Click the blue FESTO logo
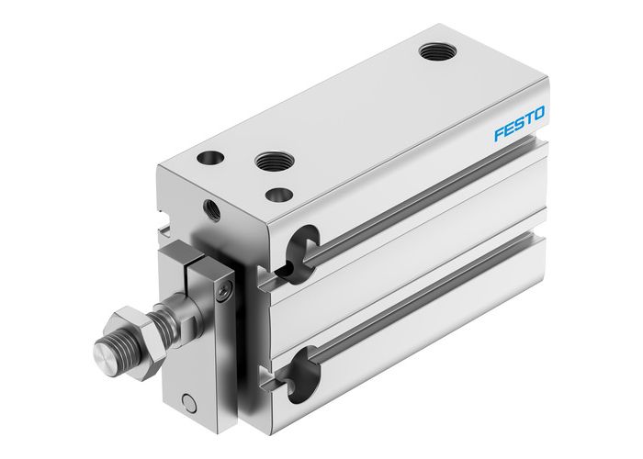pos(519,124)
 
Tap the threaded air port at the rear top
pos(433,52)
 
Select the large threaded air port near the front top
pos(269,162)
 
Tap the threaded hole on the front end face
pos(214,211)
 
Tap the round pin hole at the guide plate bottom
pos(189,401)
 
